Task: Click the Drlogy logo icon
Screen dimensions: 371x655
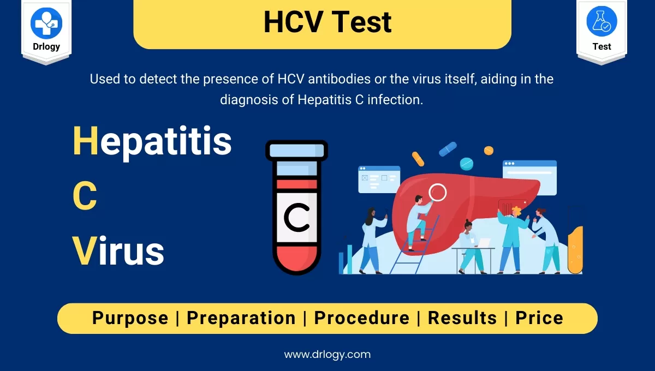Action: tap(46, 23)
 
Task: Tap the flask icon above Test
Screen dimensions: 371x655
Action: tap(602, 22)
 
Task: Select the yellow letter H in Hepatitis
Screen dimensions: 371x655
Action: tap(85, 140)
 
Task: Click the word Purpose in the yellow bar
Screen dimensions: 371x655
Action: tap(130, 318)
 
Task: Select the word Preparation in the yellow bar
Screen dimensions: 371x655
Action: tap(241, 318)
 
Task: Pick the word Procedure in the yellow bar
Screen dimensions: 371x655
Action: tap(361, 318)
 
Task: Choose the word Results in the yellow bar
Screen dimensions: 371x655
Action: tap(462, 318)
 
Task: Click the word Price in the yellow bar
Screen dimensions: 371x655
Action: tap(539, 318)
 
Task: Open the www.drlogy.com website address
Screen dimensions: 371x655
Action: tap(327, 354)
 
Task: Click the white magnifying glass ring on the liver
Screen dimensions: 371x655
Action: tap(438, 192)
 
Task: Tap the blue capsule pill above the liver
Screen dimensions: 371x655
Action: tap(448, 148)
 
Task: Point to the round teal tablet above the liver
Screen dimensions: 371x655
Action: tap(467, 163)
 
